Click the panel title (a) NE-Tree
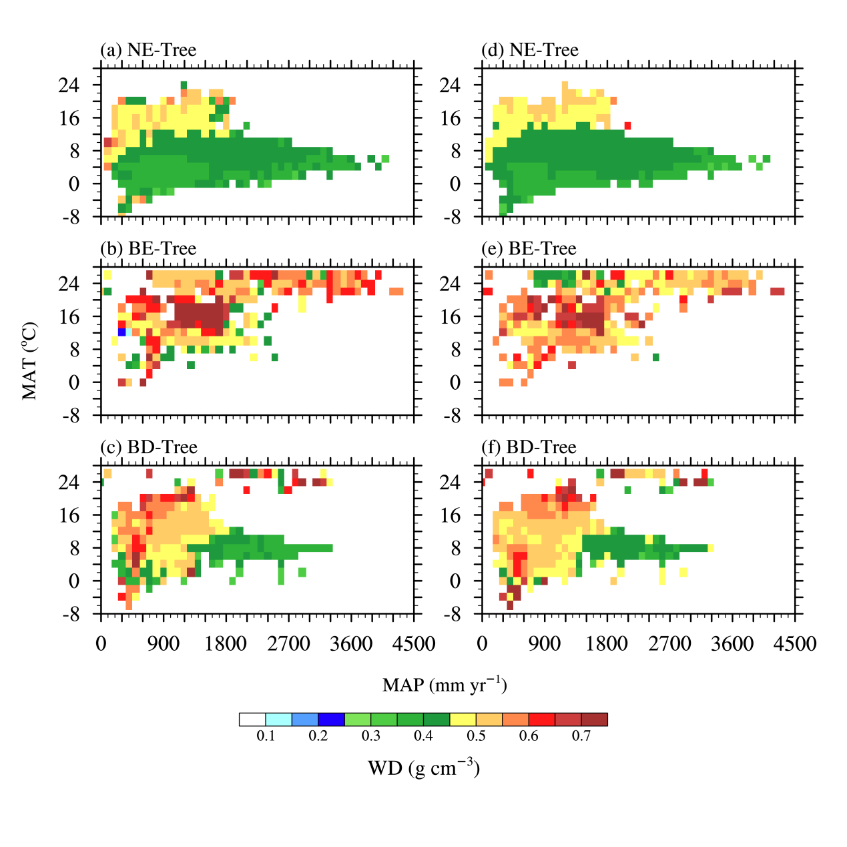[x=148, y=50]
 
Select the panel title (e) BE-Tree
[x=529, y=249]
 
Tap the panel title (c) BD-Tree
[x=148, y=447]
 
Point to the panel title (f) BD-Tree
[x=529, y=447]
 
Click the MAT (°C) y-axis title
[x=29, y=361]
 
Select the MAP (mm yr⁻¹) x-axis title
[x=445, y=685]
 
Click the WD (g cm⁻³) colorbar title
[x=424, y=768]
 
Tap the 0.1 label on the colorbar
[x=266, y=736]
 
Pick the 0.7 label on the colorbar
[x=581, y=736]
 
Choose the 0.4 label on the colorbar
[x=423, y=736]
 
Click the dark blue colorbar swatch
[x=331, y=720]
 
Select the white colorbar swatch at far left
[x=252, y=720]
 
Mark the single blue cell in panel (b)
[x=122, y=332]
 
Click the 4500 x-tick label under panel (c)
[x=414, y=644]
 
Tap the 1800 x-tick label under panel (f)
[x=607, y=644]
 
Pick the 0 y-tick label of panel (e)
[x=455, y=382]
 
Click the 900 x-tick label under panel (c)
[x=164, y=644]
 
